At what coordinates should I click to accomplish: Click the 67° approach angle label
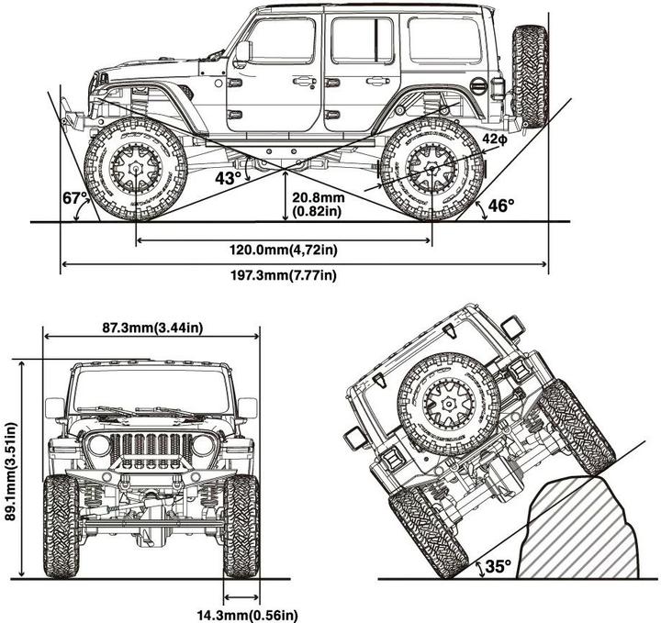click(75, 198)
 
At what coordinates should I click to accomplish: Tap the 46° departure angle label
click(501, 206)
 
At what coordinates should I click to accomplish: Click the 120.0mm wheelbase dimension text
click(284, 248)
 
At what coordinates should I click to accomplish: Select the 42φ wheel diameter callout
click(493, 139)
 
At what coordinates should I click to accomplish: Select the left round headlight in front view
click(97, 447)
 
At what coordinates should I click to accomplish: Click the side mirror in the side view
click(242, 51)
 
